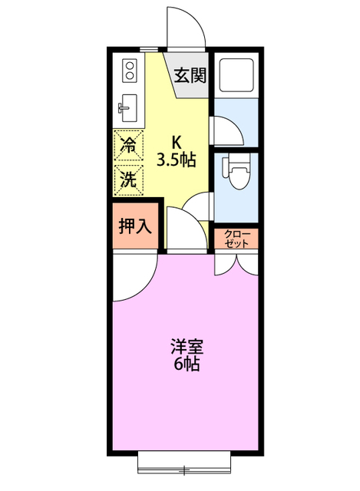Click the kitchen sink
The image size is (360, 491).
tap(128, 109)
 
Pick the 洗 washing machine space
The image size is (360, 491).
tap(129, 180)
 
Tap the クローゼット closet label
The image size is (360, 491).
tap(236, 239)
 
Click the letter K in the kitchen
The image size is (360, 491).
tap(176, 142)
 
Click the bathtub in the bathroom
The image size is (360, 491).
tap(236, 75)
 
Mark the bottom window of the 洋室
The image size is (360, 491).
tap(185, 465)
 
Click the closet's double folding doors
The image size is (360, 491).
tap(236, 265)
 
